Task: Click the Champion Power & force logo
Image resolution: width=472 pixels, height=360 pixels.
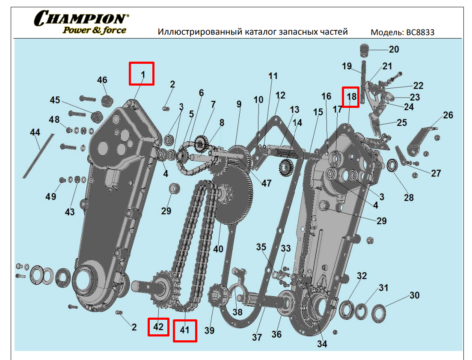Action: coord(81,23)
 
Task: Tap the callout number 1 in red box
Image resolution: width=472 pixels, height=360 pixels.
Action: coord(143,74)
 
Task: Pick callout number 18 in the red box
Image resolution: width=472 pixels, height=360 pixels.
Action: coord(352,97)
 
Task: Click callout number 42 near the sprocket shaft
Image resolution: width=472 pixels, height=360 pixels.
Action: coord(158,327)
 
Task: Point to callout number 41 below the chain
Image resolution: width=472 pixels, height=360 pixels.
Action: coord(184,330)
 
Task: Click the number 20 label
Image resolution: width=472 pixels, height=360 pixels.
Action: coord(394,50)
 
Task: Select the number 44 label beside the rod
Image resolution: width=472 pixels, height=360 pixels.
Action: coord(35,133)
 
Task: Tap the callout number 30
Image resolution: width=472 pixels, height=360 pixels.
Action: coord(414,296)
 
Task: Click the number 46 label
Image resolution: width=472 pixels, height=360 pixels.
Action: coord(102,80)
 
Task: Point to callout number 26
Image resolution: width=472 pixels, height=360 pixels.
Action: coord(448,116)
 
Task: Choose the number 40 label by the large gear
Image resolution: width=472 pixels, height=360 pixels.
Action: coord(218,249)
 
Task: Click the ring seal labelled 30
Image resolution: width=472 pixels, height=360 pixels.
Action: coord(379,312)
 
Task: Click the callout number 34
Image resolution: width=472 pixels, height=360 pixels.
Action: coord(321,344)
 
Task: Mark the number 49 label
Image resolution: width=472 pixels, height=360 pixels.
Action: coord(51,196)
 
